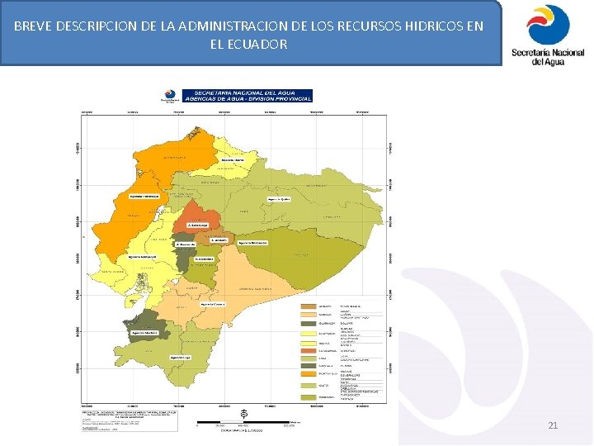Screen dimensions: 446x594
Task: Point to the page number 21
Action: point(553,425)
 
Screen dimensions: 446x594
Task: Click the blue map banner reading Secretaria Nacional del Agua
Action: point(247,95)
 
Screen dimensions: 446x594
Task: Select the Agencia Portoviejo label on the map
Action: point(144,197)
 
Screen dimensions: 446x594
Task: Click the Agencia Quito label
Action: point(280,199)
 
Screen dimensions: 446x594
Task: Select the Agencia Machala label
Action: point(144,332)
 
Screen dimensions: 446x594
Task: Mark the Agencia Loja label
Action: point(181,358)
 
